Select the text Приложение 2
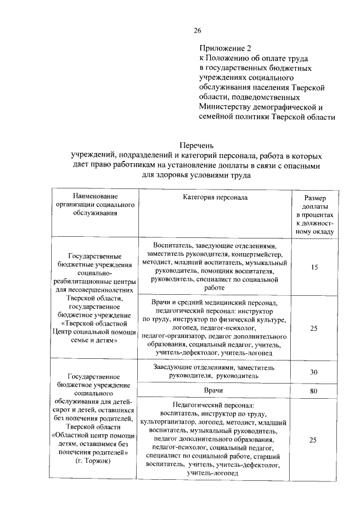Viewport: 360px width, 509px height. coord(222,48)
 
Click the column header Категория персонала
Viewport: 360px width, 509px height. coord(215,197)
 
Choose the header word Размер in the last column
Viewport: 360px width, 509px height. coord(315,199)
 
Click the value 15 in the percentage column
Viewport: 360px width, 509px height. coord(315,267)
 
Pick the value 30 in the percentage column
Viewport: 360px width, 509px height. coord(315,372)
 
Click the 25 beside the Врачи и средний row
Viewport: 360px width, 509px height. coord(315,327)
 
